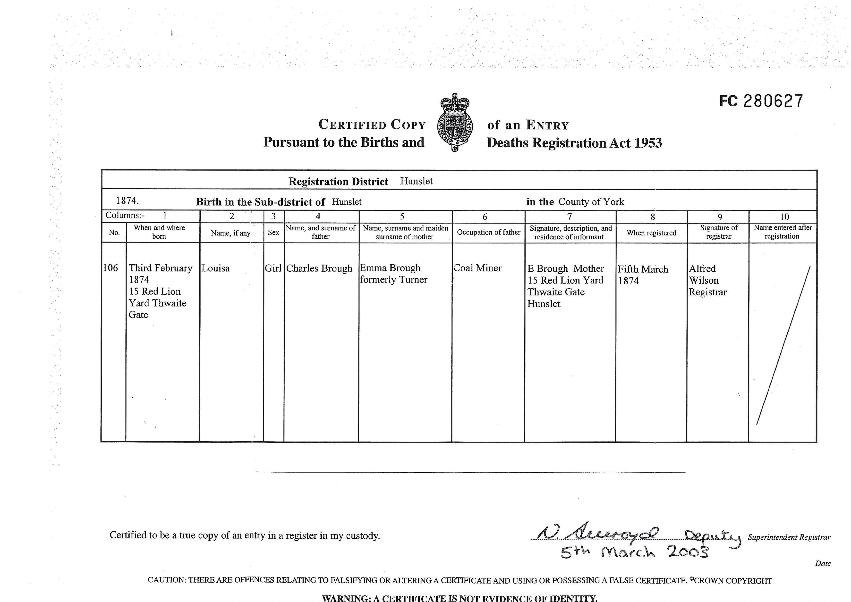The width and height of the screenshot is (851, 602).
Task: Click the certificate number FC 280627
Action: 761,101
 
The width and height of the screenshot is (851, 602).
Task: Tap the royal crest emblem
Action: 455,122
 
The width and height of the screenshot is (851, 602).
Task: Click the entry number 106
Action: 111,268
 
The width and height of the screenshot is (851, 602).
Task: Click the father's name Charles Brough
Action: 319,268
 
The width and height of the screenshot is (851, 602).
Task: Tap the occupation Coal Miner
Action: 478,268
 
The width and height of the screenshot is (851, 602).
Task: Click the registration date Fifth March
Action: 643,269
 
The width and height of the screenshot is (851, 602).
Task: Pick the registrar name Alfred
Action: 702,268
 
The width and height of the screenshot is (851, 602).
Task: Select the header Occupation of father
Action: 488,232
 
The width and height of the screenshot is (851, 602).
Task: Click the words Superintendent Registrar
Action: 789,537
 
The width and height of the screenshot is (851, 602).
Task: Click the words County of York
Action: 591,202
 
